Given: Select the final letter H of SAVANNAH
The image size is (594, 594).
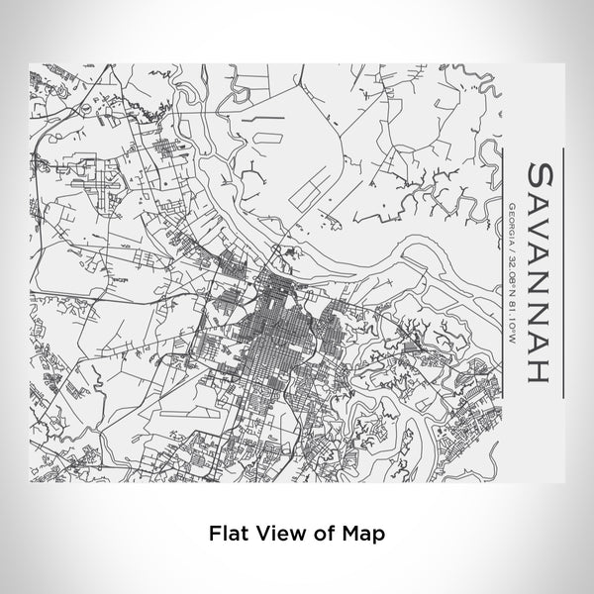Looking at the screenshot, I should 542,368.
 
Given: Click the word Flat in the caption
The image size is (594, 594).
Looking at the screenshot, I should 228,533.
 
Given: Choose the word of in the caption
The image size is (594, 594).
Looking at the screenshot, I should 324,533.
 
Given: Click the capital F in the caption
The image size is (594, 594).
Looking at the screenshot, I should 215,533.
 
